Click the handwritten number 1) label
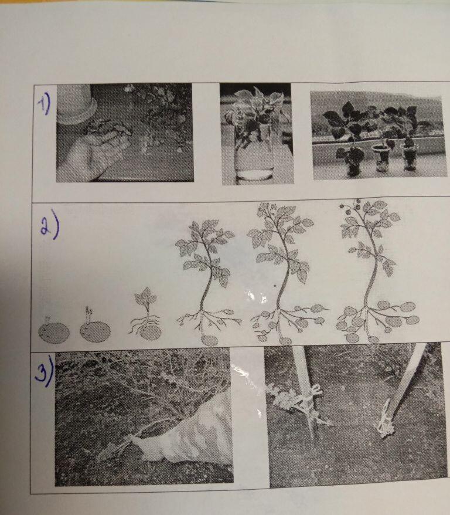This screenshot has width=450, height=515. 45,104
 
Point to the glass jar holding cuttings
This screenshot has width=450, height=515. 254,154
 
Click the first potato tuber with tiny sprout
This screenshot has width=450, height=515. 54,331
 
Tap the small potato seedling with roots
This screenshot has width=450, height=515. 146,314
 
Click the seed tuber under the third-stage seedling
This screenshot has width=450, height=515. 150,333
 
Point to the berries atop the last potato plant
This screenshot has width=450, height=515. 350,204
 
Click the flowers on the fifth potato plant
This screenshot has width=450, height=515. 265,209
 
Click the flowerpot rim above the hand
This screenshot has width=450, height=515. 77,111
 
